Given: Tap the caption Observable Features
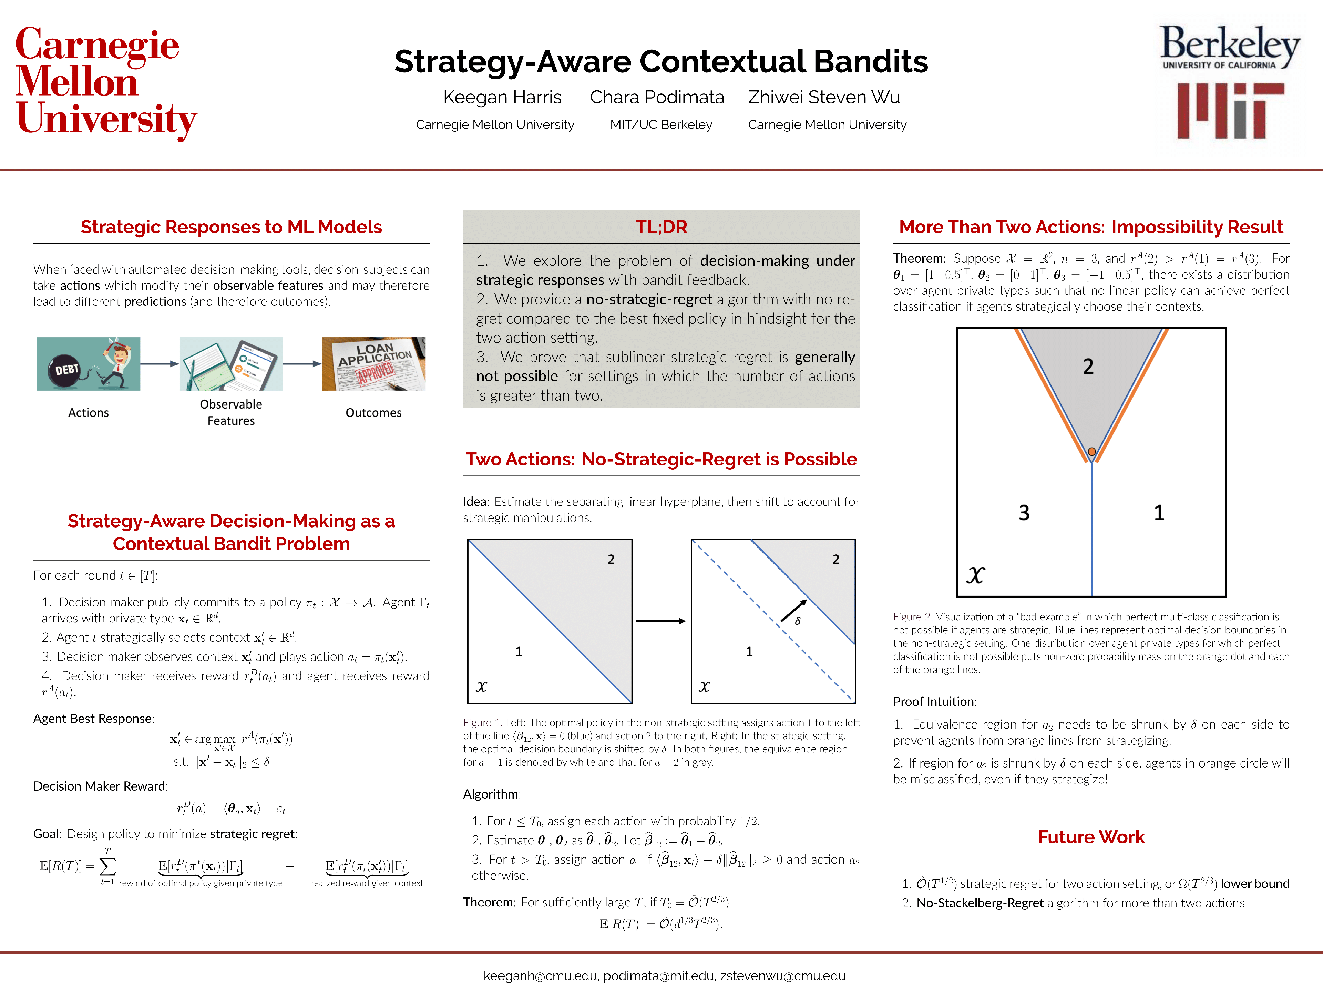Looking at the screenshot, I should [231, 412].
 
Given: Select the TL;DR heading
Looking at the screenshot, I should [661, 227].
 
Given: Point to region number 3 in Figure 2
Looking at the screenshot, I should [1024, 513].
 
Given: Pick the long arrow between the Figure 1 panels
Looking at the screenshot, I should [660, 621].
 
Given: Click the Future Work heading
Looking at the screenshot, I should [1090, 837].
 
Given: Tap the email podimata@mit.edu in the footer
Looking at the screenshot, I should [658, 976].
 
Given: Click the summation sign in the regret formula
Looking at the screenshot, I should [107, 866].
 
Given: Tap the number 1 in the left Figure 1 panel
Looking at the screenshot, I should [519, 651].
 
